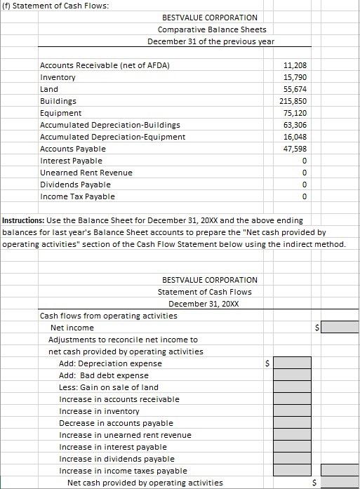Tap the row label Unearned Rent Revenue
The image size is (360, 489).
point(86,173)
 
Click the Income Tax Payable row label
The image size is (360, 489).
point(78,196)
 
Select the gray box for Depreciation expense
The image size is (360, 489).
point(292,363)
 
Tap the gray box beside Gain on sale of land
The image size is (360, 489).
point(292,387)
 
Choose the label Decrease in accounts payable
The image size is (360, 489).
point(116,423)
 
